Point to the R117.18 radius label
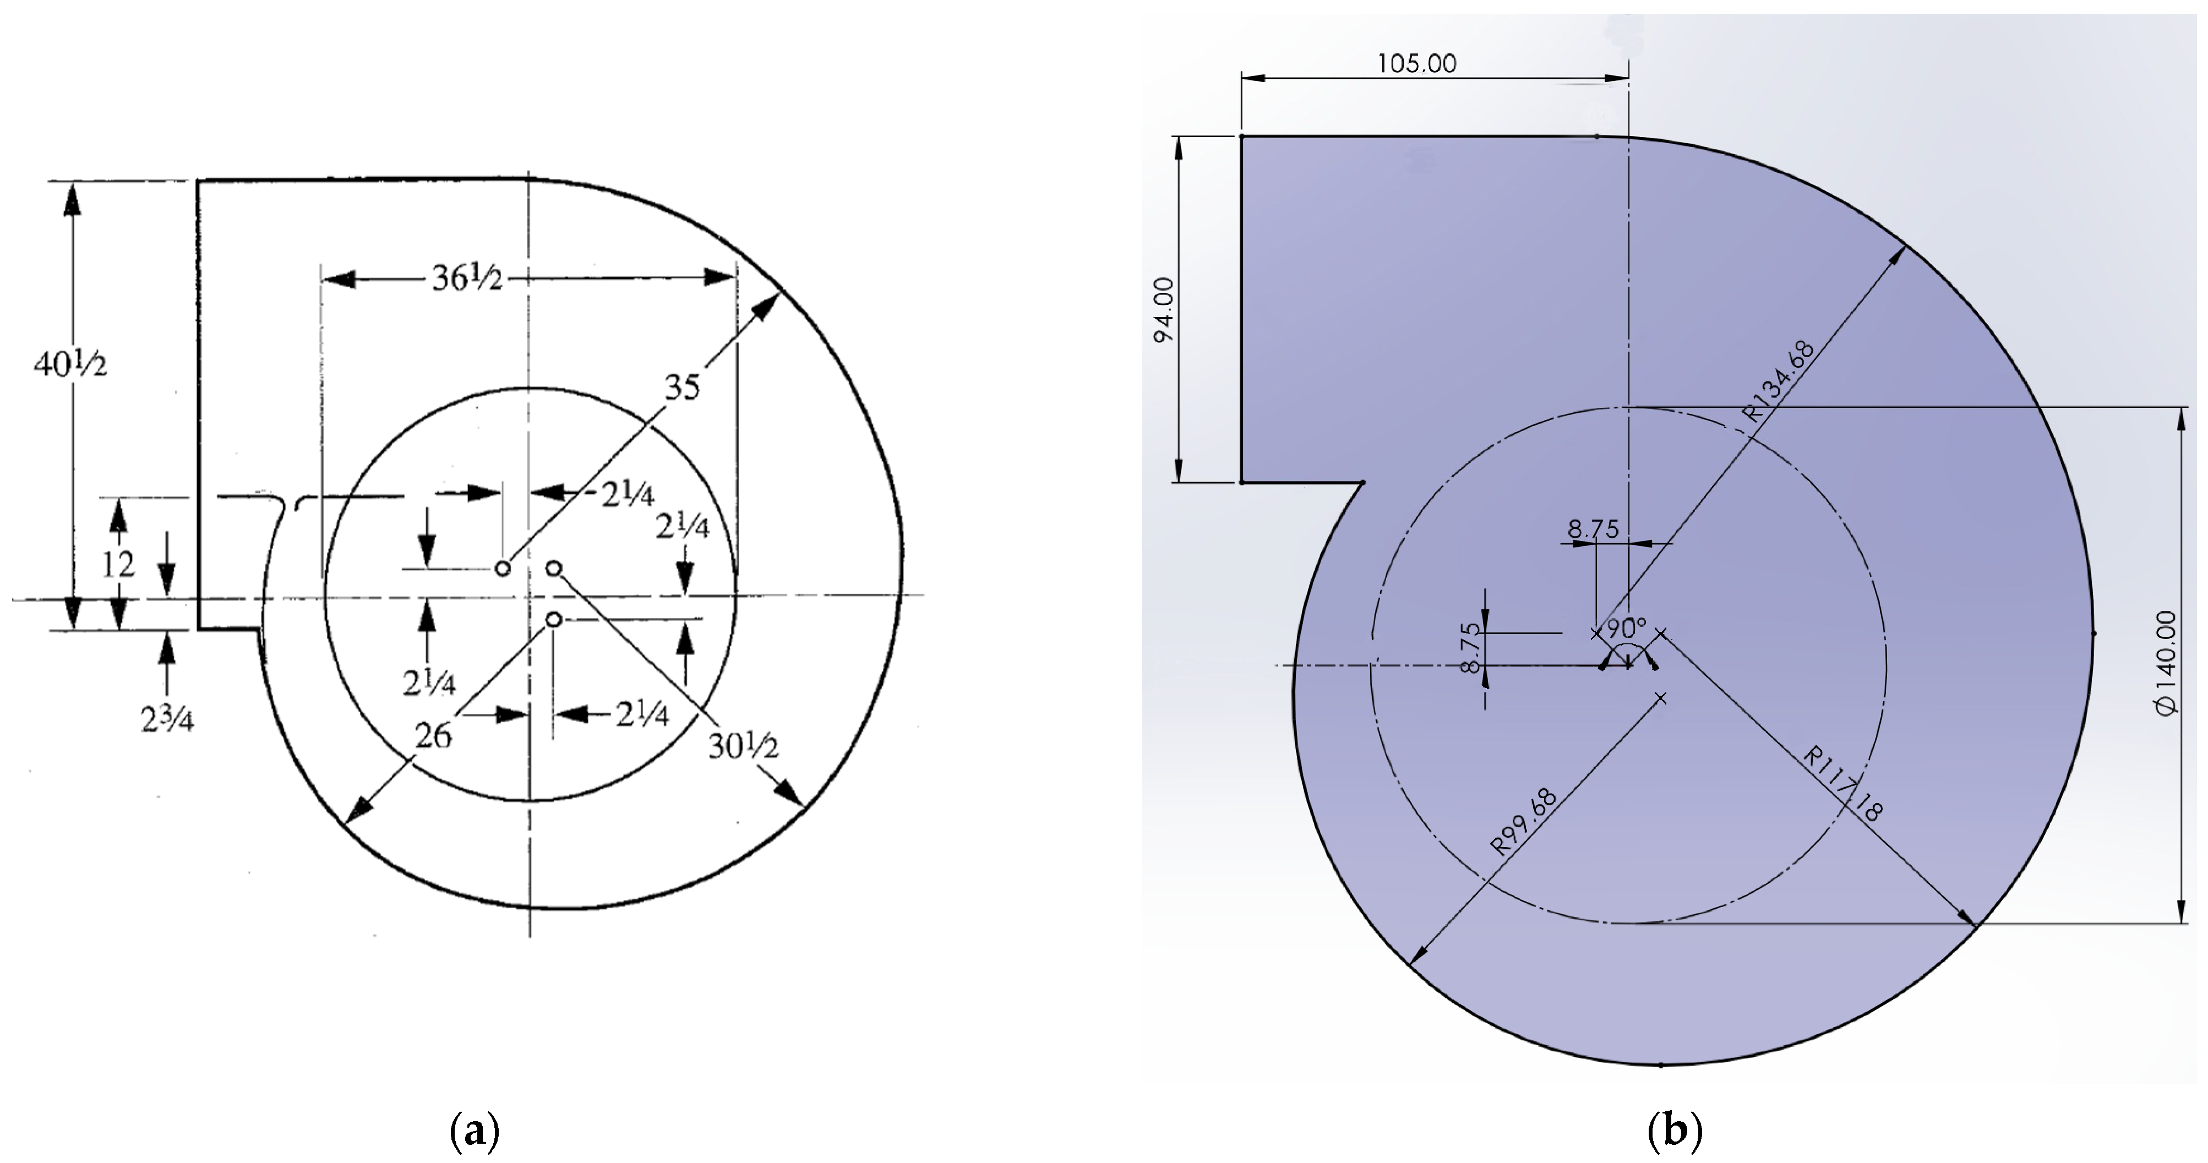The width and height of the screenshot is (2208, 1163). coord(1843,784)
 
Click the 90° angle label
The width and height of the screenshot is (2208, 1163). coord(1626,628)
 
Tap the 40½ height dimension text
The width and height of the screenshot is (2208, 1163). coord(70,365)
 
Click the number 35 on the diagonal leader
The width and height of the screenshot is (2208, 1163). coord(682,388)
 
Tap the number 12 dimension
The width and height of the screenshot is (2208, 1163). coord(118,565)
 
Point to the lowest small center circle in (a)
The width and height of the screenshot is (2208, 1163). coord(554,619)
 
